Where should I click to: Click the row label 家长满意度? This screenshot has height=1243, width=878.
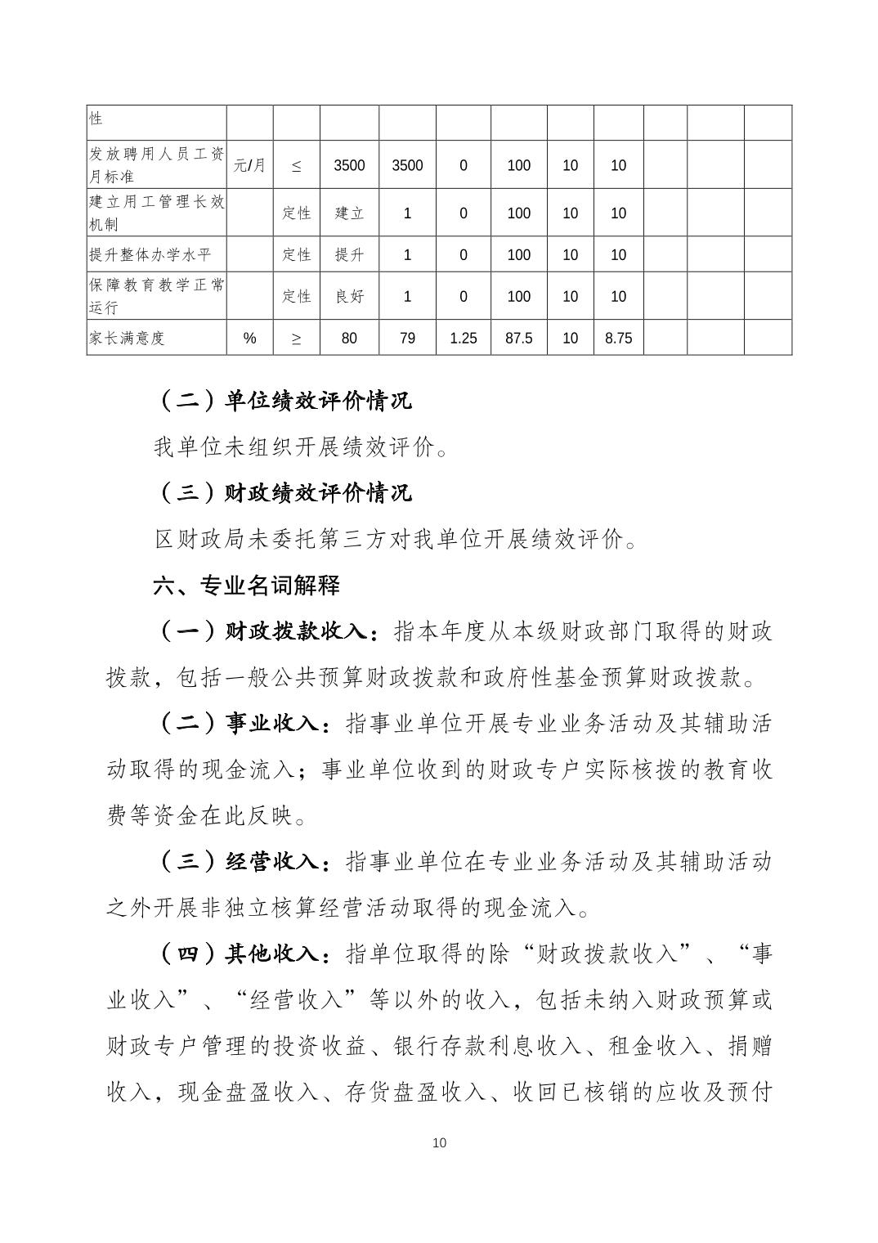pyautogui.click(x=127, y=338)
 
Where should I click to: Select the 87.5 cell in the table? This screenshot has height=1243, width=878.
pyautogui.click(x=518, y=338)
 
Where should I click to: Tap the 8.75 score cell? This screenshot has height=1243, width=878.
pyautogui.click(x=618, y=338)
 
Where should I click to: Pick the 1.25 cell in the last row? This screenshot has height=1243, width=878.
pyautogui.click(x=463, y=338)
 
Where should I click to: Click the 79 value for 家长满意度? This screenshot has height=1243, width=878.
pyautogui.click(x=407, y=338)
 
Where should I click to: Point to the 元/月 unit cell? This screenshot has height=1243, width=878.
pyautogui.click(x=249, y=165)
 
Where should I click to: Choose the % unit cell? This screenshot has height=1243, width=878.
pyautogui.click(x=249, y=338)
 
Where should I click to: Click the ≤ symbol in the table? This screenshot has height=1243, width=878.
pyautogui.click(x=296, y=165)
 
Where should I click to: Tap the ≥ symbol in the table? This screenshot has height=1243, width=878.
pyautogui.click(x=296, y=338)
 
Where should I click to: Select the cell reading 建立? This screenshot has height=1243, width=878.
pyautogui.click(x=349, y=213)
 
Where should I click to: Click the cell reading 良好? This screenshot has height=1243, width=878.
pyautogui.click(x=349, y=297)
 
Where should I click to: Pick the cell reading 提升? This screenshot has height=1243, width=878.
pyautogui.click(x=349, y=255)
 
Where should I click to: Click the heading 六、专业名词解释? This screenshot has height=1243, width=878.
pyautogui.click(x=247, y=586)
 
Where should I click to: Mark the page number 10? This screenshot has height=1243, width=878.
pyautogui.click(x=439, y=1142)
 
